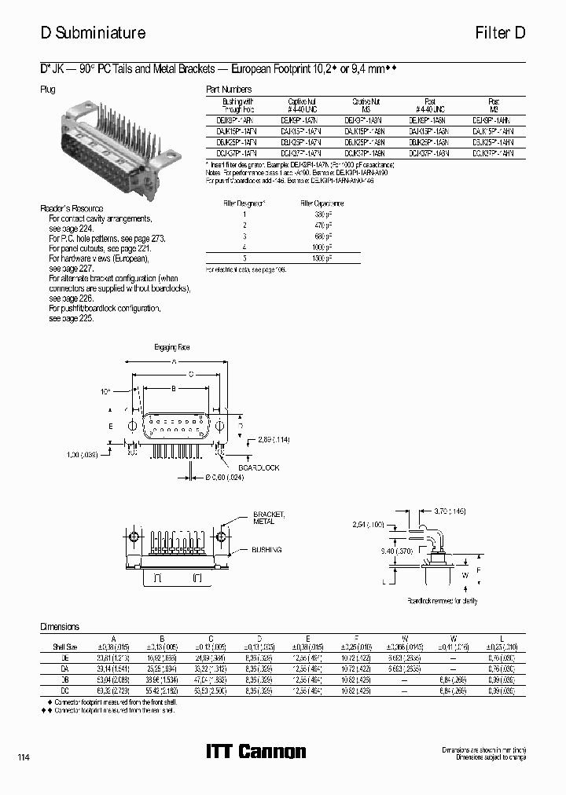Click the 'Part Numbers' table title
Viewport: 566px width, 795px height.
(x=228, y=90)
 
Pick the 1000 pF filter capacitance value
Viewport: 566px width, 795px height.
(x=322, y=247)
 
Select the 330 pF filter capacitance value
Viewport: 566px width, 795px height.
(x=322, y=214)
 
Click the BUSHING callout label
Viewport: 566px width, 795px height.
(x=267, y=550)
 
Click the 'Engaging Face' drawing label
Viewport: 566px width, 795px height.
(x=171, y=346)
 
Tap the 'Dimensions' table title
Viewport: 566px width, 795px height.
(x=60, y=626)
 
